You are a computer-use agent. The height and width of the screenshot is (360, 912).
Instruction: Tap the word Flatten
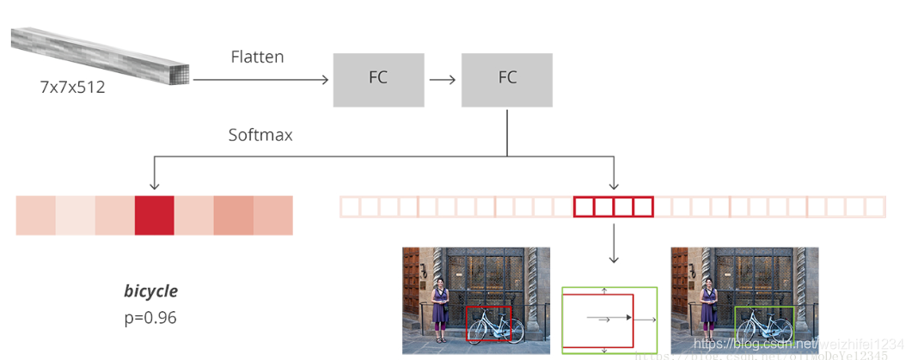pyautogui.click(x=257, y=57)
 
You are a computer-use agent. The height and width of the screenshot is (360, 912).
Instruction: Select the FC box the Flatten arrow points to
pyautogui.click(x=378, y=77)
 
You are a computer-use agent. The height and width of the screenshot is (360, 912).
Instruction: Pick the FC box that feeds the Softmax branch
pyautogui.click(x=507, y=77)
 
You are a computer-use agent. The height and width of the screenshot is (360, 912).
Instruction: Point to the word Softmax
pyautogui.click(x=260, y=135)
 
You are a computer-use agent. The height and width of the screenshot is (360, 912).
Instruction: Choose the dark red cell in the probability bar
pyautogui.click(x=155, y=215)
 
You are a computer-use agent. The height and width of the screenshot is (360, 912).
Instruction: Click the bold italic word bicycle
pyautogui.click(x=150, y=291)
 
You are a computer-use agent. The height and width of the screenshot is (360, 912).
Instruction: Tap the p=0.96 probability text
pyautogui.click(x=150, y=318)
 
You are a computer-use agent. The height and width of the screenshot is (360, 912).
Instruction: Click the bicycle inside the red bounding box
pyautogui.click(x=493, y=327)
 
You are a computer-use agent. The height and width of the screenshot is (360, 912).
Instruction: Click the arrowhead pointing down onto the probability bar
pyautogui.click(x=154, y=184)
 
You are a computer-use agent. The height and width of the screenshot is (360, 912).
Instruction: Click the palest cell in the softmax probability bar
pyautogui.click(x=76, y=215)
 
